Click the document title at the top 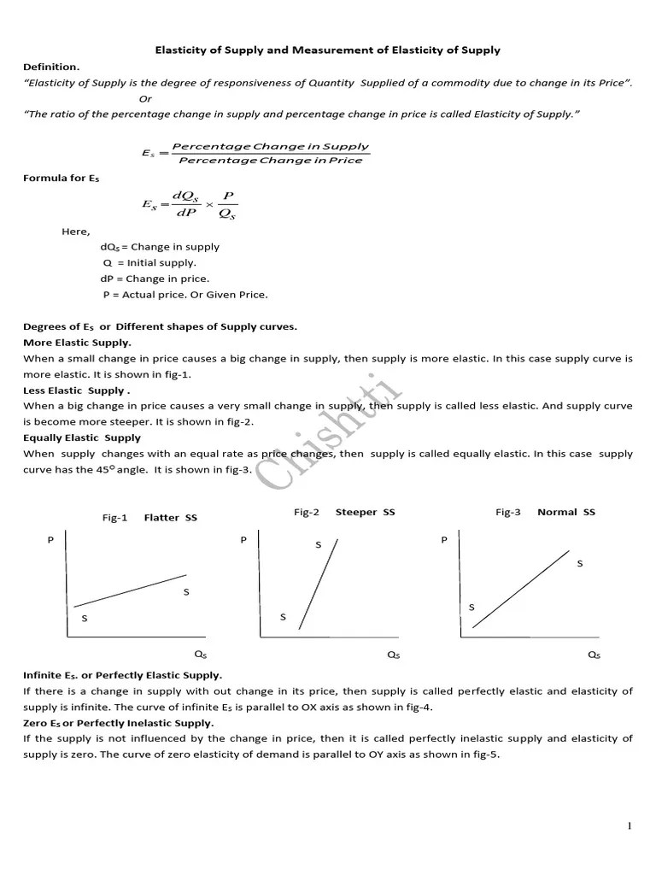point(327,50)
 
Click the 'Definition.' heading point(51,67)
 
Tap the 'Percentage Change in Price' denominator point(270,161)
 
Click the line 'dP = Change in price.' point(155,279)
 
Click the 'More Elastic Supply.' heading point(77,342)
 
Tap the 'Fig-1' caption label point(114,518)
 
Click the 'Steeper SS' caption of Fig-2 point(365,513)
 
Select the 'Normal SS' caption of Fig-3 point(566,513)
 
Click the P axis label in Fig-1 point(50,540)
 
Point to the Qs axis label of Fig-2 point(393,655)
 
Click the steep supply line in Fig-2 point(319,583)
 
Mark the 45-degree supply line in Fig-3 point(521,589)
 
